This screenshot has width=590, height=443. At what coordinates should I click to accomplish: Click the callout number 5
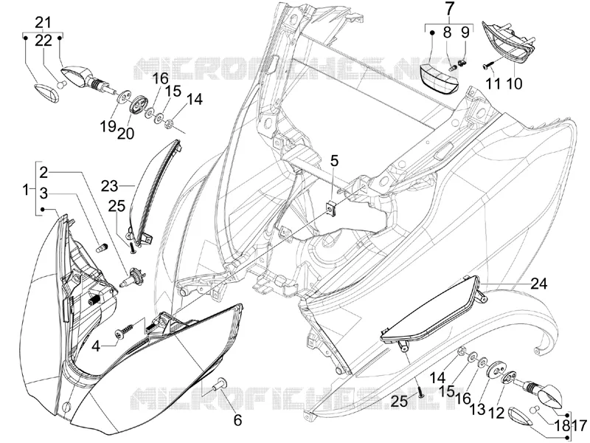(334, 161)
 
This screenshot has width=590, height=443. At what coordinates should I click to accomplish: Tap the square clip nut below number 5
(331, 207)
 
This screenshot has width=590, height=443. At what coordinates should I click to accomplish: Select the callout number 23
(109, 186)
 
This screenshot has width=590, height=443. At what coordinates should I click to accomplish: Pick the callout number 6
(237, 419)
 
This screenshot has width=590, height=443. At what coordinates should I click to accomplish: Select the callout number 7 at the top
(450, 9)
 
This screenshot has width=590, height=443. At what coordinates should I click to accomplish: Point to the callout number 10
(515, 83)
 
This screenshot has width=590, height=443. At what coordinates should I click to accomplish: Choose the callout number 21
(43, 22)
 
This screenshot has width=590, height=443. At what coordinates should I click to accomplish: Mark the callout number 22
(44, 40)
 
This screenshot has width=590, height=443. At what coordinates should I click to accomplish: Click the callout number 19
(108, 126)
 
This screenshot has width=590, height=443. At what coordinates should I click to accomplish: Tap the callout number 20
(125, 133)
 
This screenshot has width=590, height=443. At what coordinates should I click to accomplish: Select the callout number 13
(477, 409)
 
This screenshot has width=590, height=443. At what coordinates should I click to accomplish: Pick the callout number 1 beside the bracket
(26, 190)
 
